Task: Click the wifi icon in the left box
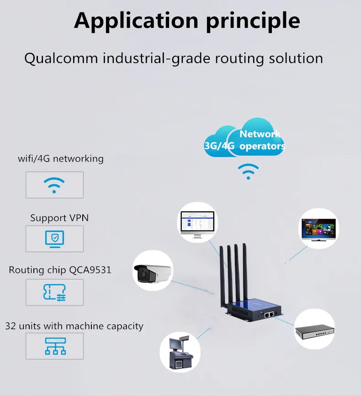(x=54, y=185)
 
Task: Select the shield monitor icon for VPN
(x=54, y=239)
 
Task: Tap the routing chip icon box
(x=54, y=292)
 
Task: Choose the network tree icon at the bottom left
(x=54, y=346)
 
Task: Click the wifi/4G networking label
(x=61, y=159)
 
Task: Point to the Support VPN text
(x=59, y=218)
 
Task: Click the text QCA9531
(x=90, y=270)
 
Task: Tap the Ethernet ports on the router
(x=270, y=314)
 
